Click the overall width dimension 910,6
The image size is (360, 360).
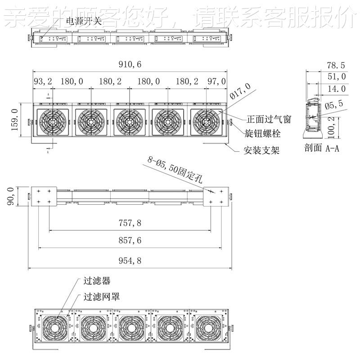point(130,65)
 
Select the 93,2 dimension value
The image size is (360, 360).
point(43,81)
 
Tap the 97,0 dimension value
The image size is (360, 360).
point(217,81)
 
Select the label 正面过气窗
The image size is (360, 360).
point(269,120)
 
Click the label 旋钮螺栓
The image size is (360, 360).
point(264,134)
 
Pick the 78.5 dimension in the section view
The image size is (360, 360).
point(335,65)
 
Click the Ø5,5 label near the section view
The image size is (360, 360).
point(333,104)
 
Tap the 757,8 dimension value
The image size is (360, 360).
point(130,223)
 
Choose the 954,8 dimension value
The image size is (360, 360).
point(130,261)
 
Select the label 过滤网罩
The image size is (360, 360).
point(102,297)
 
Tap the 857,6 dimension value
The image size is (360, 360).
point(130,241)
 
